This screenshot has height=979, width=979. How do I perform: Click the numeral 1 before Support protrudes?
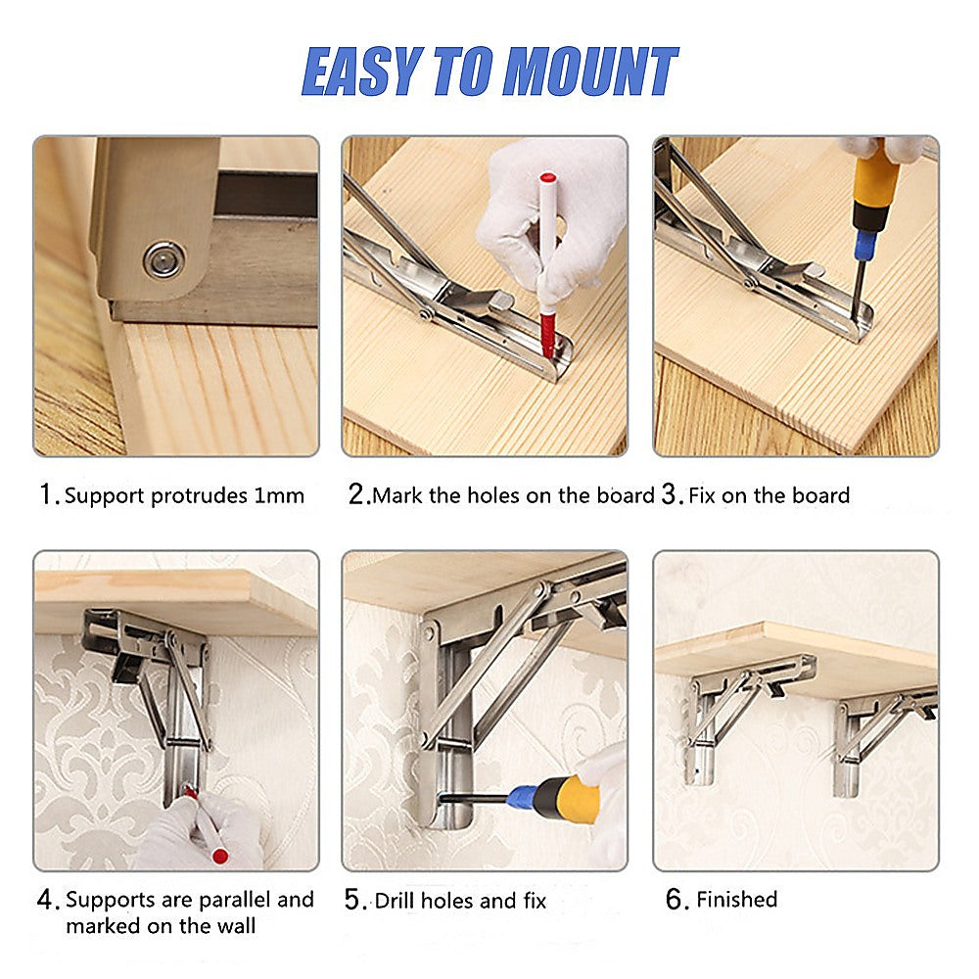(45, 495)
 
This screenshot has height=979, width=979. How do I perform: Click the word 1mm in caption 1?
(279, 495)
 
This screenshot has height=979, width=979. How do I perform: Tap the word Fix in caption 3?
(702, 495)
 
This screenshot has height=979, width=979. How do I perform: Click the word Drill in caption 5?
(394, 900)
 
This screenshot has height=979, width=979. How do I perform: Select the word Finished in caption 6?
(736, 900)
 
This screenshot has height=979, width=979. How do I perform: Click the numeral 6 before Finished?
(676, 900)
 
